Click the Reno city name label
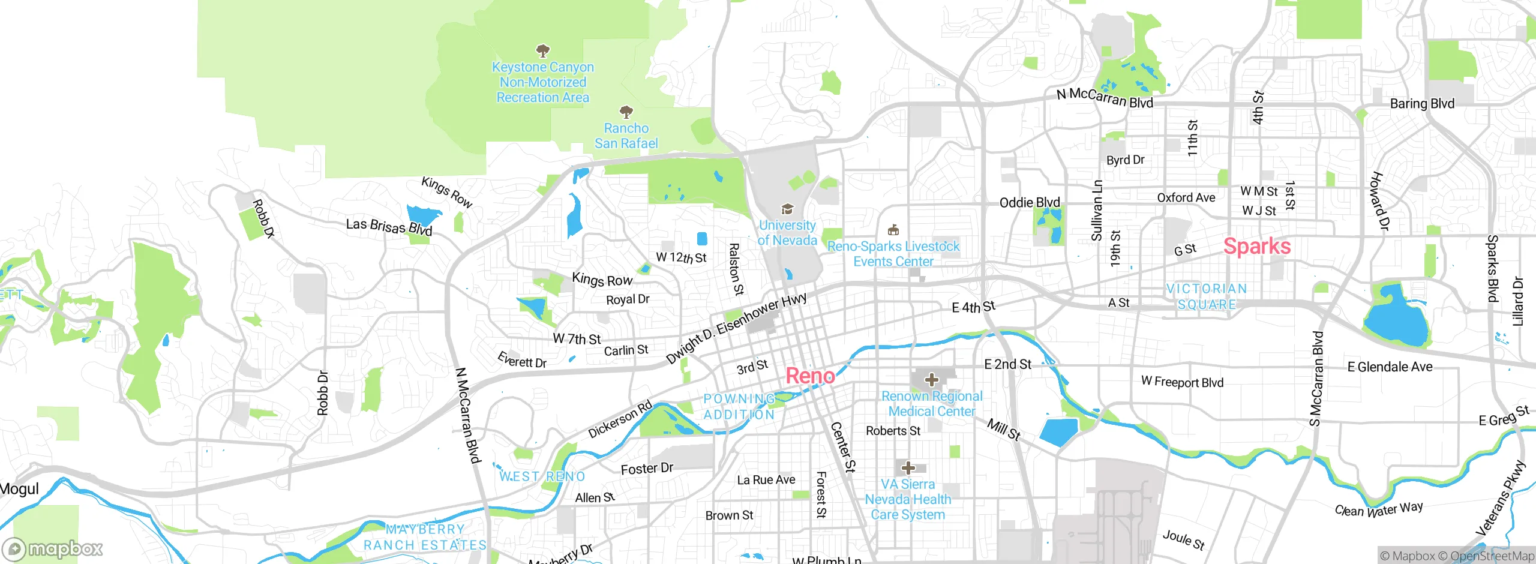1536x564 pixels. coord(810,376)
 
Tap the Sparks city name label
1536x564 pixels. coord(1257,246)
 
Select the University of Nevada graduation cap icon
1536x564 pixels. coord(787,209)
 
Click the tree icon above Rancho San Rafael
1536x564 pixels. coord(626,112)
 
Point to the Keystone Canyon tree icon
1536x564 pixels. coord(542,50)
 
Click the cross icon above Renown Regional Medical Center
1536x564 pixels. coord(931,379)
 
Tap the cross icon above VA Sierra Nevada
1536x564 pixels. coord(908,467)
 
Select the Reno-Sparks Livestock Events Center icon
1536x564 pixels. coord(893,230)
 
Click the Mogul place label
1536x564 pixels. coord(19,489)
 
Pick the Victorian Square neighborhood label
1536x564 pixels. coord(1207,297)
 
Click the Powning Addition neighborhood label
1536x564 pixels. coord(739,407)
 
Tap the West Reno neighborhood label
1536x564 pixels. coord(542,476)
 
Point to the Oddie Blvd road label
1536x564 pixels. coord(1030,203)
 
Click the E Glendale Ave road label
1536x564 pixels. coord(1390,367)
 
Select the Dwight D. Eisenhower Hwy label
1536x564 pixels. coord(736,328)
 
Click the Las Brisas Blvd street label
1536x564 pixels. coord(389,227)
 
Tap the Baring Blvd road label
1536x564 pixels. coord(1422,104)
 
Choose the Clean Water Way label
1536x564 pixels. coord(1378,509)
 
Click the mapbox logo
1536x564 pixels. coord(53,548)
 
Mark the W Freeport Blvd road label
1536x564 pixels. coord(1182,382)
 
